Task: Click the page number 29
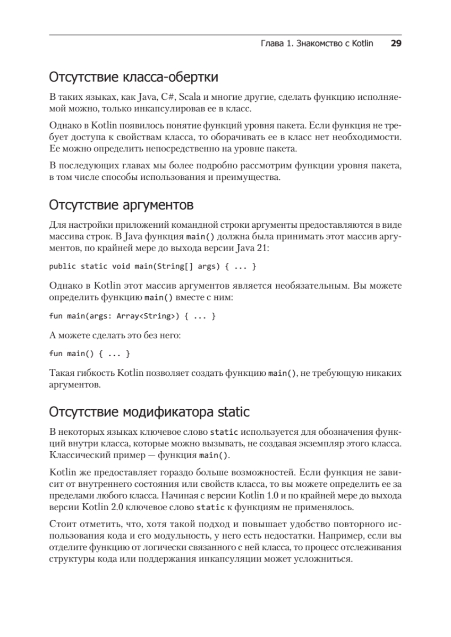tap(396, 44)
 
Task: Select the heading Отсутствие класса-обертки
tap(133, 78)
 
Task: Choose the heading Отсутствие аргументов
tap(121, 204)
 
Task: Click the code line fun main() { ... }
tap(89, 353)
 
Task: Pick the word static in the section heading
tap(232, 412)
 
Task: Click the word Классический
tap(75, 455)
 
